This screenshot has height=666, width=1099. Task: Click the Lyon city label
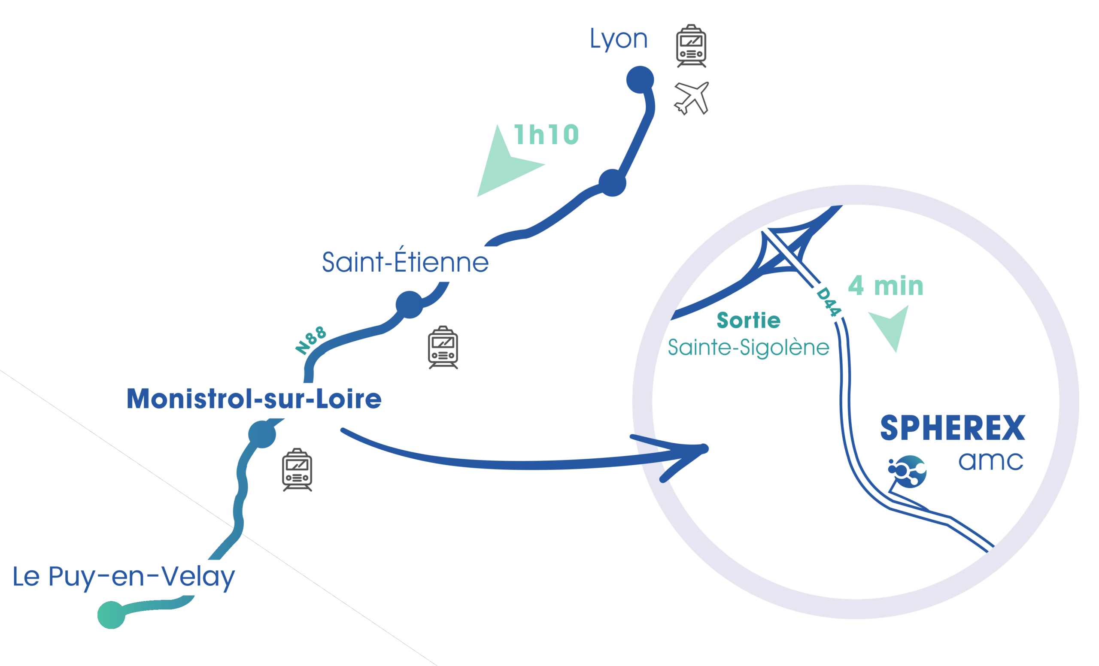(x=618, y=39)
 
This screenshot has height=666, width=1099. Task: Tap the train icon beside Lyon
(x=691, y=46)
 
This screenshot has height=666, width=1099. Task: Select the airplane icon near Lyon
(x=691, y=98)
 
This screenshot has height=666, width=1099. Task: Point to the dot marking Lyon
(x=640, y=80)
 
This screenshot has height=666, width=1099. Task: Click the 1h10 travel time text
(x=546, y=135)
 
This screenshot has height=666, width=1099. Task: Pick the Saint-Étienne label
(x=405, y=262)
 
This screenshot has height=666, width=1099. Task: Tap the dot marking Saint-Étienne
(x=410, y=305)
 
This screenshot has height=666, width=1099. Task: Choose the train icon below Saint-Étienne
(x=443, y=347)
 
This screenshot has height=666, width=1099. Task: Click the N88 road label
(x=311, y=341)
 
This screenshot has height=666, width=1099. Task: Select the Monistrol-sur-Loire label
(x=254, y=399)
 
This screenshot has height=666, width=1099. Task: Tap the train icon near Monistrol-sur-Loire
(x=297, y=470)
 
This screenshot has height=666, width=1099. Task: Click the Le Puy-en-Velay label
(x=124, y=577)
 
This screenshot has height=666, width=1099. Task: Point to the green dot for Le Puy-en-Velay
(x=111, y=615)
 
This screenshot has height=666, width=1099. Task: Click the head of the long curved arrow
(x=696, y=450)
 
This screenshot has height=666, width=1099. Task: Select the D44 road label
(x=828, y=302)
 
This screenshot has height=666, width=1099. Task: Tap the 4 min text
(x=885, y=286)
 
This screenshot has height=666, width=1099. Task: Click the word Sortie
(x=748, y=321)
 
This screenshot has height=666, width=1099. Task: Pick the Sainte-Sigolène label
(x=748, y=348)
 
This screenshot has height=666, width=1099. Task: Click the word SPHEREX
(x=953, y=428)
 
